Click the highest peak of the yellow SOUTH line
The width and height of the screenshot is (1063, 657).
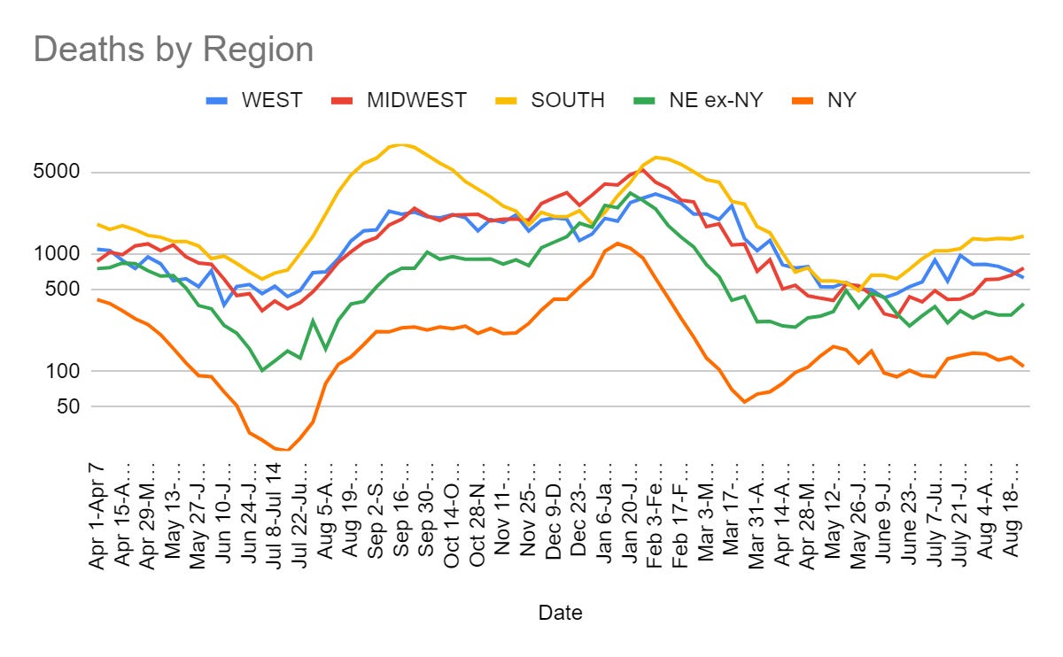pos(402,145)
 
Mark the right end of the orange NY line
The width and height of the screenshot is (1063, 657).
pos(1022,366)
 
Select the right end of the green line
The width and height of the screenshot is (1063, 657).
pos(1022,305)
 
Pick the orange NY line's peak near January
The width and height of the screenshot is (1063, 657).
pos(617,243)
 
